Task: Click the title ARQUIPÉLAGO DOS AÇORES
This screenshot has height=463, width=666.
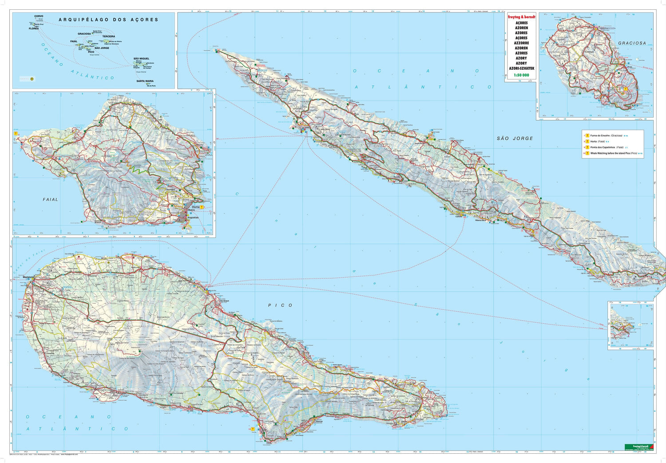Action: click(108, 20)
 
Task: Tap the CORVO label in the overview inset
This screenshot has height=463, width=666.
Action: click(39, 16)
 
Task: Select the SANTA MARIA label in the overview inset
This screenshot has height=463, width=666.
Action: click(145, 81)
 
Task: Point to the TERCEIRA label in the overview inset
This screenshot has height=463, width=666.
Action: click(109, 36)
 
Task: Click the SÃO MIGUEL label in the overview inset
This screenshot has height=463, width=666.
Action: click(141, 59)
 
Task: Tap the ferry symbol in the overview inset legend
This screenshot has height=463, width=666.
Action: click(32, 79)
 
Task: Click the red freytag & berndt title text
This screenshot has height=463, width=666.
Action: click(521, 17)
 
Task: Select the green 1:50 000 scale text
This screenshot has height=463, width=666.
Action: click(521, 75)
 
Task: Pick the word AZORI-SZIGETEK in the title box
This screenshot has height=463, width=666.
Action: click(521, 69)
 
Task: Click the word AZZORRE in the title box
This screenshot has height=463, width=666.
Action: click(521, 43)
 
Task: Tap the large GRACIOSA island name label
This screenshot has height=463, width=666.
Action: click(632, 43)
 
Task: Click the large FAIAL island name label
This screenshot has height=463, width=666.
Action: click(50, 200)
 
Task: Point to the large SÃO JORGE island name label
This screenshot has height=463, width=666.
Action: click(515, 139)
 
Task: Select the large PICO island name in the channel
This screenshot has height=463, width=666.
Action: click(280, 305)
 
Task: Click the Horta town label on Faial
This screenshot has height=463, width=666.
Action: click(195, 207)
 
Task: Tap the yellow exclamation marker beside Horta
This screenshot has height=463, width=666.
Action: click(202, 207)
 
